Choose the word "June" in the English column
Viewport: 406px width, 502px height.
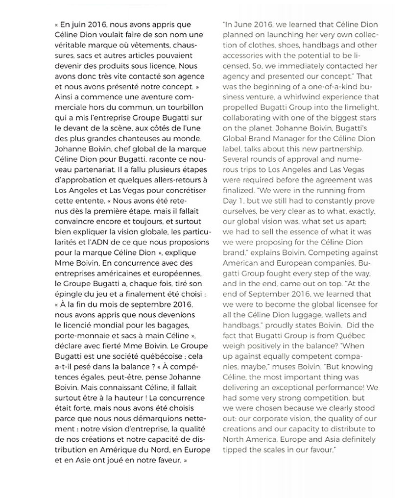[242, 24]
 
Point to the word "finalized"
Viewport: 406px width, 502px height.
[239, 189]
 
